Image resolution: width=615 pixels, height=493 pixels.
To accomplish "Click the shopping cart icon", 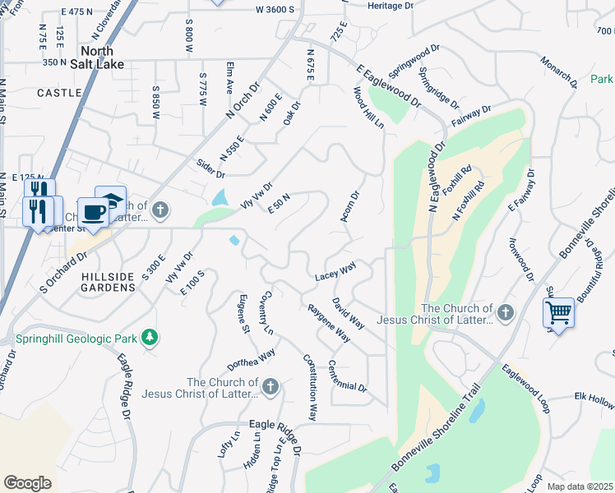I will (x=558, y=313).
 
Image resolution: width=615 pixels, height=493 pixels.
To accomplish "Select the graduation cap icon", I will (x=111, y=200).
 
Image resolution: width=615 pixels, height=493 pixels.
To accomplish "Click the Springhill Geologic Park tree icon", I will (x=149, y=337).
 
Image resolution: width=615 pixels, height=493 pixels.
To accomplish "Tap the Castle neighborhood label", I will (x=60, y=93).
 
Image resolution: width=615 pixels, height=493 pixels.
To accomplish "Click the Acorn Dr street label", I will (x=350, y=207).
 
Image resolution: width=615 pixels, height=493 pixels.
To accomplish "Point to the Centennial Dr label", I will (x=348, y=376).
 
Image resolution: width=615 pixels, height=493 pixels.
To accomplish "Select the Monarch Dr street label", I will (x=559, y=72).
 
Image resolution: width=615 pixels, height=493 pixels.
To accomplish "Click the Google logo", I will (x=28, y=483).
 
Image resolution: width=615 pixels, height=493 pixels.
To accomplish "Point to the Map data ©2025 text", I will (x=580, y=486).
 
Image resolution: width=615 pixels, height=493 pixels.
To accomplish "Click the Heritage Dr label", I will (x=391, y=6).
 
